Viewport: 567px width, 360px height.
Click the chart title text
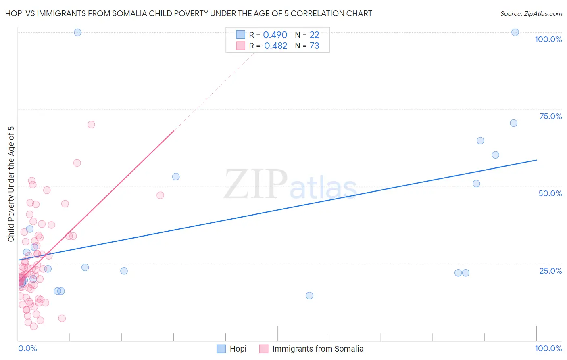[x=189, y=13]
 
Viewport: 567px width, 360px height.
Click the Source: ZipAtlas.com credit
[x=531, y=13]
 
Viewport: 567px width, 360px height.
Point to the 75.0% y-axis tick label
[x=550, y=116]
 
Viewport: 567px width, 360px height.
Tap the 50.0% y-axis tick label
[x=550, y=193]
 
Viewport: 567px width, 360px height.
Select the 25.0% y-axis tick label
[x=550, y=271]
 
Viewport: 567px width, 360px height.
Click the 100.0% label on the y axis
[x=548, y=39]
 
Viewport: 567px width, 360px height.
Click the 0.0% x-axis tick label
[x=27, y=348]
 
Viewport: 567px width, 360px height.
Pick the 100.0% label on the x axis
[x=548, y=348]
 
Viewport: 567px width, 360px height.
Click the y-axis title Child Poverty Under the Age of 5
[x=11, y=184]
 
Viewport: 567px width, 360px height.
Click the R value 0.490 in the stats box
[x=275, y=35]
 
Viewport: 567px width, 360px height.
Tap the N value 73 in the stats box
[x=314, y=46]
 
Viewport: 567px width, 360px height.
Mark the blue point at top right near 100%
[x=515, y=32]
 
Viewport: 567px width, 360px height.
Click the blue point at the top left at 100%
[x=77, y=32]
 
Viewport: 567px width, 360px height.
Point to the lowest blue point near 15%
[x=309, y=295]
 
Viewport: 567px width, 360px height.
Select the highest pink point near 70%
[x=91, y=125]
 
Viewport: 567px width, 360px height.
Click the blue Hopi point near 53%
[x=176, y=176]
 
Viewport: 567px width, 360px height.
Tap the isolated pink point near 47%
[x=160, y=195]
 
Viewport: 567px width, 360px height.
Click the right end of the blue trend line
[x=536, y=160]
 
